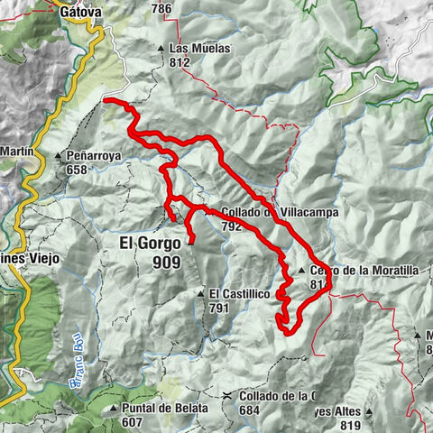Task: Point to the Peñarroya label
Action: [x=94, y=156]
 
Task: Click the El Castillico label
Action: [x=239, y=294]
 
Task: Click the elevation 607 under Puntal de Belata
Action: [x=134, y=422]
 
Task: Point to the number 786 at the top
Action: [x=161, y=9]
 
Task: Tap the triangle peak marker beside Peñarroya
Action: [x=59, y=156]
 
